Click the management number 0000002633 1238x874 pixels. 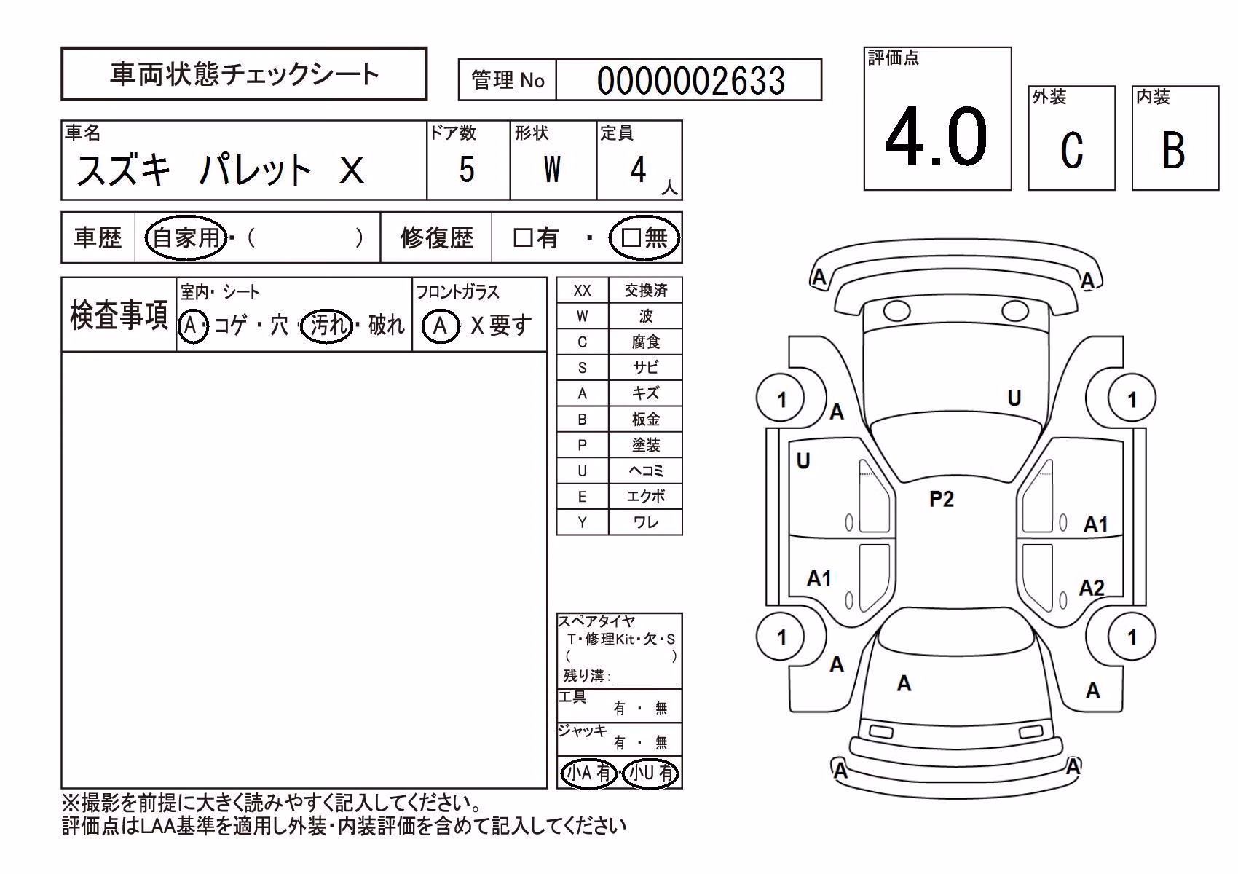tap(691, 81)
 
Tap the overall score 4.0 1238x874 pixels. tap(936, 137)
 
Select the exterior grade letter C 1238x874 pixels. tap(1072, 150)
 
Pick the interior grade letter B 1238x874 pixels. tap(1174, 150)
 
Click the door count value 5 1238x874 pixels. tap(467, 169)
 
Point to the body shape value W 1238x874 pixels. tap(552, 169)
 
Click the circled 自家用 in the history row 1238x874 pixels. tap(186, 237)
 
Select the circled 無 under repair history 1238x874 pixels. tap(644, 237)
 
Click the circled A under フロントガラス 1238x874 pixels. tap(441, 326)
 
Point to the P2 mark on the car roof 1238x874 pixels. tap(941, 499)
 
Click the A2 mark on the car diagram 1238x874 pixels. tap(1092, 588)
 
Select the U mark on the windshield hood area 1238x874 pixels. tap(1014, 398)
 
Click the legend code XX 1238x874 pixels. tap(582, 291)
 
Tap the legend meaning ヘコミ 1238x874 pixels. tap(645, 471)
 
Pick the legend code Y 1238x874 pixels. tap(582, 522)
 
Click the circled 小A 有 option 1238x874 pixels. tap(589, 773)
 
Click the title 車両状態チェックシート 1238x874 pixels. tap(244, 74)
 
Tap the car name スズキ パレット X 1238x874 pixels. tap(220, 170)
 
